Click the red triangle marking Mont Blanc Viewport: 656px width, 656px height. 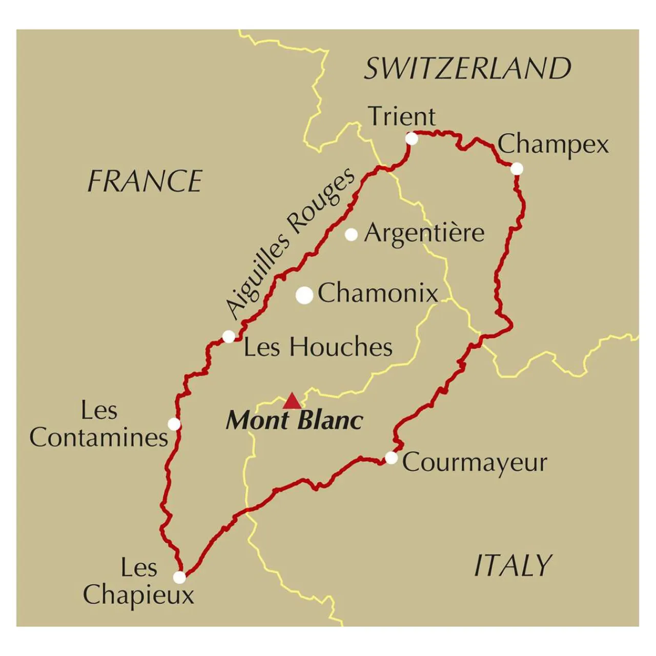[x=292, y=401]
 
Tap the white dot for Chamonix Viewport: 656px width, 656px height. [x=305, y=295]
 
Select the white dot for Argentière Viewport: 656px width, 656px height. [x=351, y=235]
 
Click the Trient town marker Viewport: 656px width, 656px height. [x=412, y=138]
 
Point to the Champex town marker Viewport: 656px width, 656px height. [x=517, y=169]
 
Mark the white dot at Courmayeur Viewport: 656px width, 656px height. [x=391, y=458]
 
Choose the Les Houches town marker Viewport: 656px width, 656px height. [x=229, y=337]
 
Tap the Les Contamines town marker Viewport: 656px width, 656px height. [x=174, y=424]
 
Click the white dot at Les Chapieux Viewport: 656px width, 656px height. [x=179, y=578]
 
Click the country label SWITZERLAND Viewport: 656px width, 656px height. [x=467, y=69]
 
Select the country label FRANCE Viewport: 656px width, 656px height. [x=145, y=181]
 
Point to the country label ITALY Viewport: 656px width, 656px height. [x=512, y=566]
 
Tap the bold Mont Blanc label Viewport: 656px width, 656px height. [x=295, y=421]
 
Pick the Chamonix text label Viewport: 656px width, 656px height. [x=378, y=293]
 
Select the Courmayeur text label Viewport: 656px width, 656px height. [x=475, y=463]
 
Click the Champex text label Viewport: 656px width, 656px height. [x=553, y=145]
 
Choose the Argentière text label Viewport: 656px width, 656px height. [x=424, y=233]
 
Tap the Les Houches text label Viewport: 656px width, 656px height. [x=318, y=347]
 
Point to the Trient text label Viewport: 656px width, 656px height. [x=402, y=117]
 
